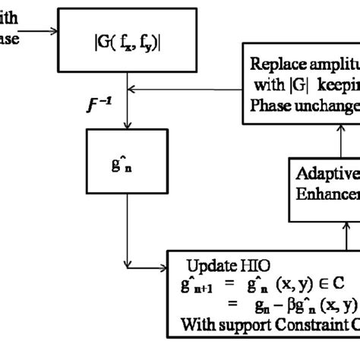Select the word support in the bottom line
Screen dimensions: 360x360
[247, 326]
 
